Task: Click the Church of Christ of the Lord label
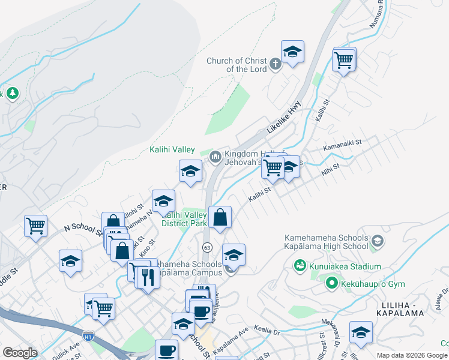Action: pyautogui.click(x=237, y=65)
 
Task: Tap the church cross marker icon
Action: pyautogui.click(x=276, y=64)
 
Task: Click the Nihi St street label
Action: pyautogui.click(x=331, y=167)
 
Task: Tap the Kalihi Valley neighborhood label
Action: pyautogui.click(x=172, y=150)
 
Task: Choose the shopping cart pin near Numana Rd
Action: pyautogui.click(x=344, y=60)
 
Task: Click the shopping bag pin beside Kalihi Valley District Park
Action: pyautogui.click(x=220, y=218)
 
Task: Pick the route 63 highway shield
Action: pyautogui.click(x=207, y=247)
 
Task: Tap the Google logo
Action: pyautogui.click(x=20, y=353)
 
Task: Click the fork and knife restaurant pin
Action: pyautogui.click(x=147, y=277)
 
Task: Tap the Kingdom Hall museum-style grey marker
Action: pyautogui.click(x=215, y=157)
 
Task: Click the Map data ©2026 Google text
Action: pyautogui.click(x=412, y=355)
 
